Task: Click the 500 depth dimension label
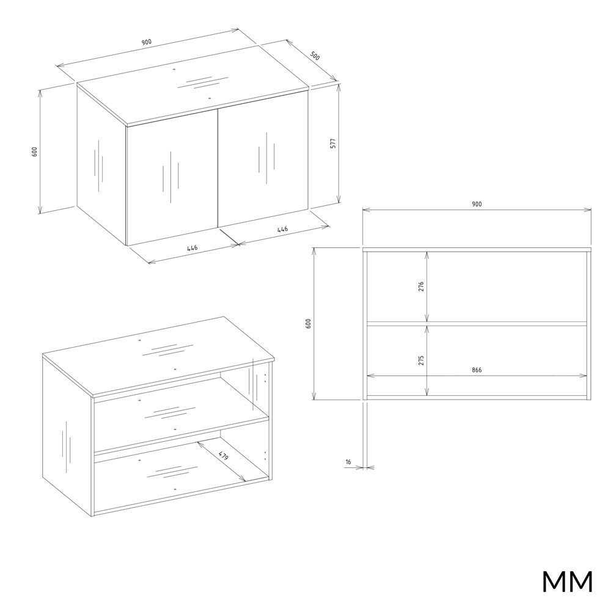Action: [315, 56]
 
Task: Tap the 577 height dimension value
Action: [333, 143]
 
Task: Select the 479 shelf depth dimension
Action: [223, 456]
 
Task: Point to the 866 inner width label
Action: [477, 370]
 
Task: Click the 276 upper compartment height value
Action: [421, 287]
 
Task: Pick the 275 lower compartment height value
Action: [421, 360]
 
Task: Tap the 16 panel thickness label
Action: [348, 462]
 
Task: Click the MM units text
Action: [568, 582]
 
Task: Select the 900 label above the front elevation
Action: [477, 204]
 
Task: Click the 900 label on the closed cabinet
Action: [147, 42]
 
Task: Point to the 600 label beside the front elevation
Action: [308, 323]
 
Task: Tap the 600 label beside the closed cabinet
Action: [34, 152]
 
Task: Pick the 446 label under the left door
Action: [192, 248]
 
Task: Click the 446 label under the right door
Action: [282, 229]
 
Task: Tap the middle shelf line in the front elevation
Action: [477, 323]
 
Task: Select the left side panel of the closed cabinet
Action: [101, 166]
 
